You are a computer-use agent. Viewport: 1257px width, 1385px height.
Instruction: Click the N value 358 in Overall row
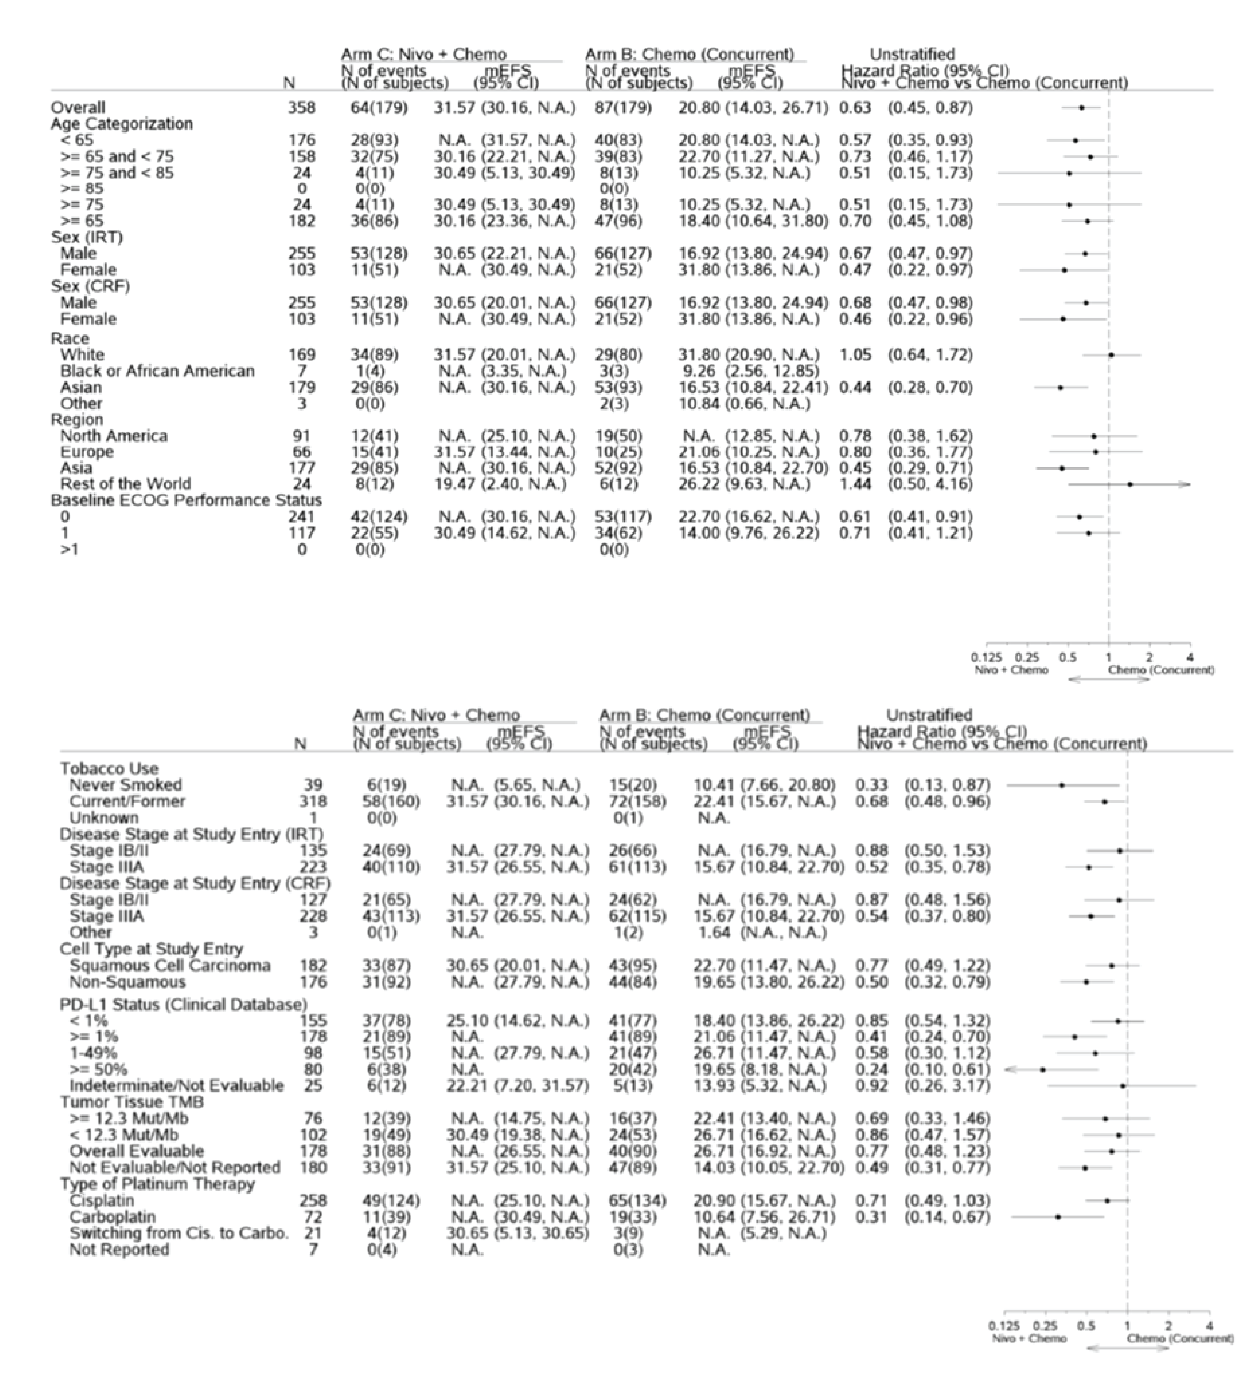tap(302, 108)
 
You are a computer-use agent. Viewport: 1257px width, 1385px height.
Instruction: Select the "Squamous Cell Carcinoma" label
tap(170, 966)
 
